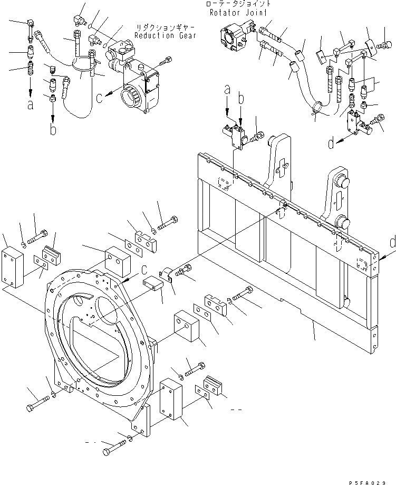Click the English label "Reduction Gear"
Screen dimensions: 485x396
165,36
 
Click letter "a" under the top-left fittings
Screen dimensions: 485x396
30,104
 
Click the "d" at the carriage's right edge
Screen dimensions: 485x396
391,243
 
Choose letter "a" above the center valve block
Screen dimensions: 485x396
227,91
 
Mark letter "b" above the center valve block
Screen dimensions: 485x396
240,98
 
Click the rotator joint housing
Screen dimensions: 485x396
232,37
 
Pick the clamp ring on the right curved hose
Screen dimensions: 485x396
317,109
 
